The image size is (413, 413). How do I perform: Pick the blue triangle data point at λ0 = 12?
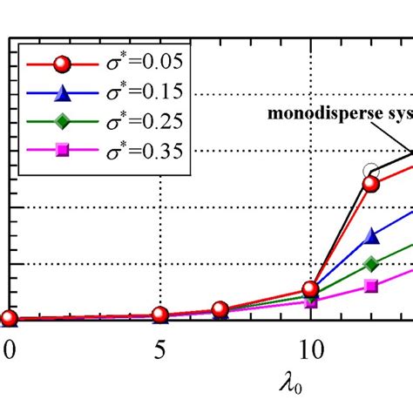point(371,236)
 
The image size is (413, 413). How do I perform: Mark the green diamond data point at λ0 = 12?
point(371,263)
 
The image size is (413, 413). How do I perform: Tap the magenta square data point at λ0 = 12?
point(371,286)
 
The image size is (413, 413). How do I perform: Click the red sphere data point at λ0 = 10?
point(310,288)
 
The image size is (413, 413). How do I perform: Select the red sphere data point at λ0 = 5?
point(159,315)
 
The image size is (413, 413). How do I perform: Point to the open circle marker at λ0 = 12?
point(372,171)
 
